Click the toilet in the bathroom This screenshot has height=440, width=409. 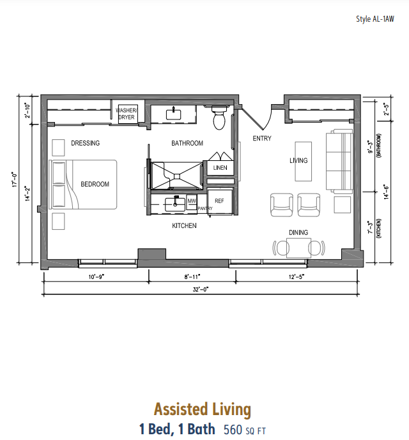pos(219,118)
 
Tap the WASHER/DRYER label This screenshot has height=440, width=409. pos(127,114)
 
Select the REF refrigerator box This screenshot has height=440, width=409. pos(220,202)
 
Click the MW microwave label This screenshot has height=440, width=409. pos(192,201)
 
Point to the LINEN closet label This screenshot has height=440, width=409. pos(220,168)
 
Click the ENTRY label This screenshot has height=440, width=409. pos(262,139)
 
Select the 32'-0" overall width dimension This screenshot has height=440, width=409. pos(201,289)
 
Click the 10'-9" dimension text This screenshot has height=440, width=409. pos(96,277)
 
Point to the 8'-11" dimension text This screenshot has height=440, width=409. pos(192,277)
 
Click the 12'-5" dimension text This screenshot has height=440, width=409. pos(297,277)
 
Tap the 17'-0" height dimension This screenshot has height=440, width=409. pos(15,179)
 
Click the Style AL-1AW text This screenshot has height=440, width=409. pos(375,19)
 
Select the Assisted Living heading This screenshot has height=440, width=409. pos(203,409)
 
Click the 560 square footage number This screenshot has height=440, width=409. pos(233,430)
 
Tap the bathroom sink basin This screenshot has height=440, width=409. pos(174,114)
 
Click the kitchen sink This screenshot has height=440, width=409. pos(175,204)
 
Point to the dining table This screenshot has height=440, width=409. pos(298,248)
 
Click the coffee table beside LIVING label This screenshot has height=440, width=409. pos(304,162)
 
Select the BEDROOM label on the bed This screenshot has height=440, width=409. pos(95,184)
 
